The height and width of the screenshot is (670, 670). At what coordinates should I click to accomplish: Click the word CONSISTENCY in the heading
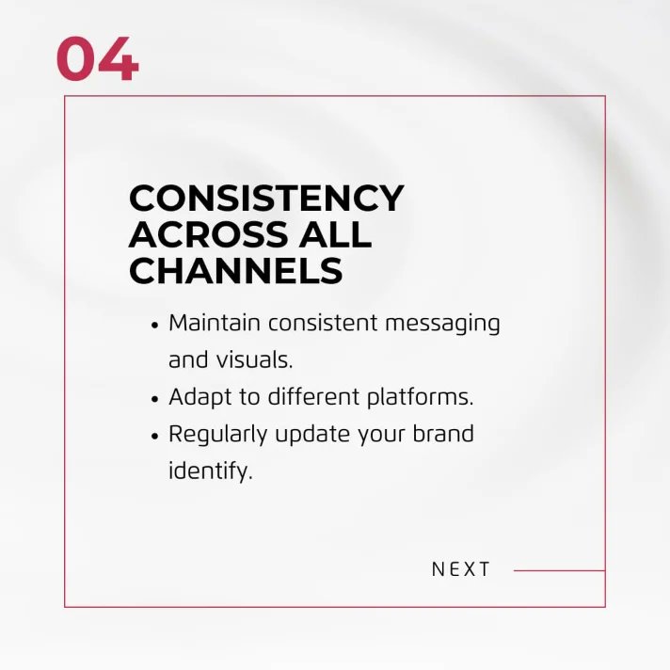(266, 199)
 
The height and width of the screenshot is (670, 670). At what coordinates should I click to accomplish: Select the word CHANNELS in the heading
(235, 271)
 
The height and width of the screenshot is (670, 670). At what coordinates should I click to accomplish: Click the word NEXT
(461, 569)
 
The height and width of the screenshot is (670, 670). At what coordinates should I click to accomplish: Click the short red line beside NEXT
(559, 570)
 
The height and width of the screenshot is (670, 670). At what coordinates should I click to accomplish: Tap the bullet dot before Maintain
(154, 325)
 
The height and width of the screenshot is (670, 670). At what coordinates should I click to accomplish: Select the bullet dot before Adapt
(154, 399)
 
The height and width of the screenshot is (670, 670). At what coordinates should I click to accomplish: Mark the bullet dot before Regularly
(154, 437)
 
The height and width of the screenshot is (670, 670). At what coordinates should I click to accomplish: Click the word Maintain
(215, 323)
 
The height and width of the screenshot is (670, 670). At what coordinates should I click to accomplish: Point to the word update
(308, 436)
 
